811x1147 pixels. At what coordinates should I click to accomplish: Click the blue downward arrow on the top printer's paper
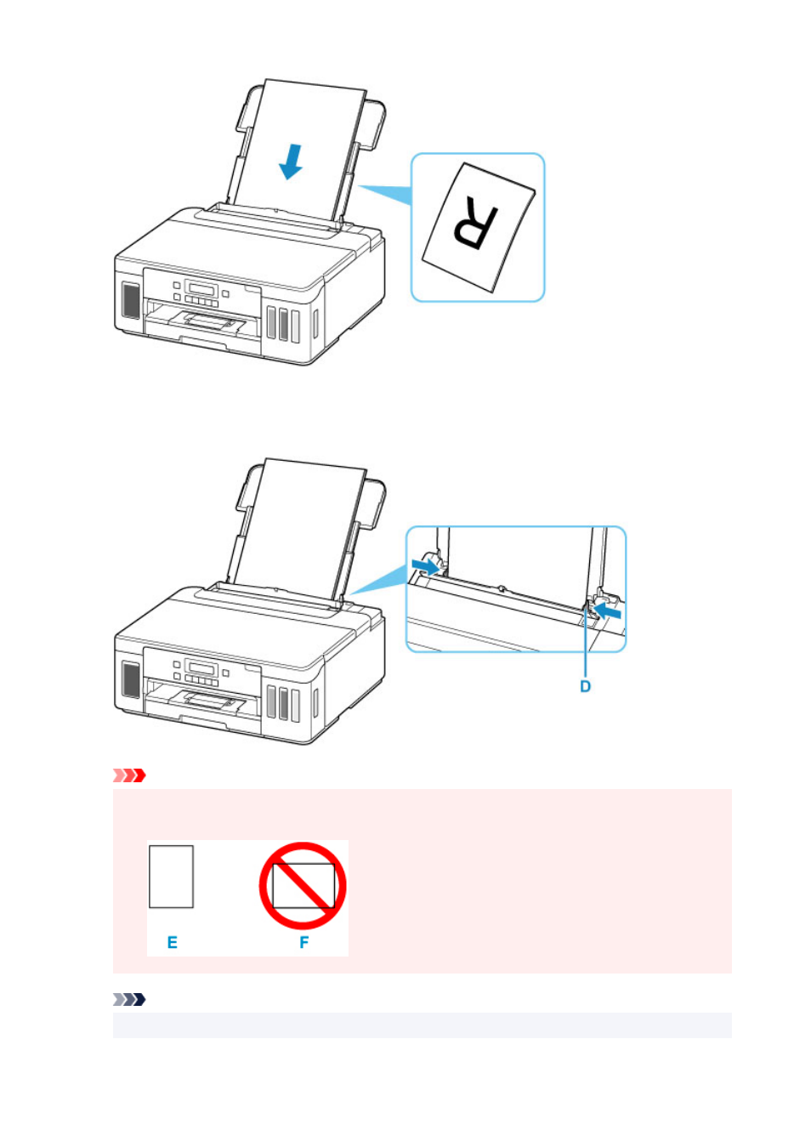(x=291, y=162)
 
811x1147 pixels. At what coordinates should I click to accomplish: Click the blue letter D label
(x=585, y=686)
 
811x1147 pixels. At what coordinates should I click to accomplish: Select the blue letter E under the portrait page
(x=173, y=942)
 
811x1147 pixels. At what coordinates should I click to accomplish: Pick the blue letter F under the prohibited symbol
(x=303, y=942)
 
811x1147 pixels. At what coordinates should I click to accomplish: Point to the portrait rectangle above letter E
(x=171, y=877)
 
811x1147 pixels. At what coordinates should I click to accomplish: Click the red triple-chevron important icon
(x=129, y=775)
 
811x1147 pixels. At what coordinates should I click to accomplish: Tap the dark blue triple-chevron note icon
(x=129, y=1000)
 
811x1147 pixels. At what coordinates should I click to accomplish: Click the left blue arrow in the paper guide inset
(x=425, y=565)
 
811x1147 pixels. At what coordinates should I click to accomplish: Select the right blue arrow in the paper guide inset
(x=607, y=610)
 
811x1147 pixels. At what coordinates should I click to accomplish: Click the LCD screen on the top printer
(x=201, y=288)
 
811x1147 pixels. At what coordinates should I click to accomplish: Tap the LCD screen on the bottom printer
(x=201, y=667)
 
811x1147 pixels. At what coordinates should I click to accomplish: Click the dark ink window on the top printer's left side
(x=131, y=300)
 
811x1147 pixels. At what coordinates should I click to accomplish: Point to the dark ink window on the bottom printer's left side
(x=131, y=679)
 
